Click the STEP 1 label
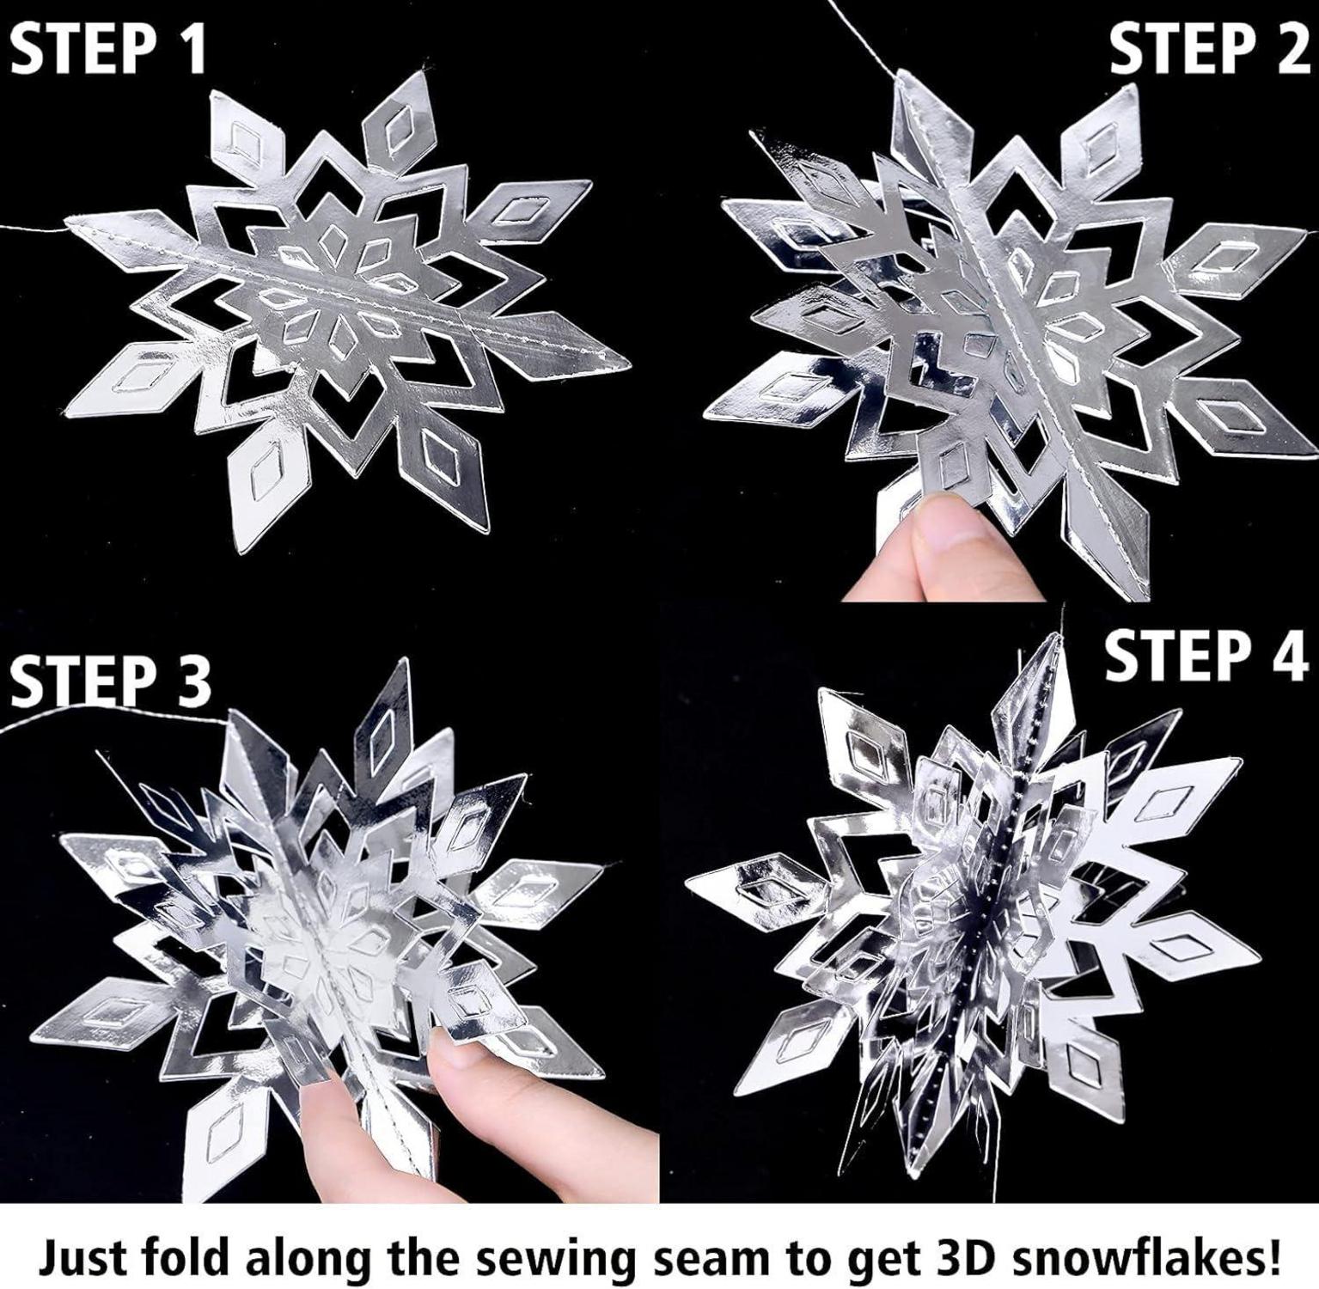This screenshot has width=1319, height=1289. [110, 49]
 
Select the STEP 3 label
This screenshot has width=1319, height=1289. [110, 679]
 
